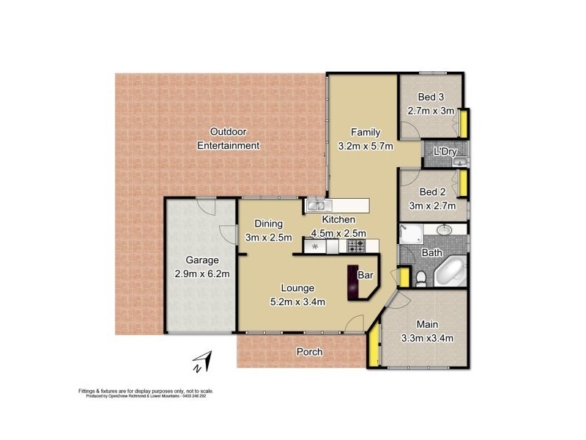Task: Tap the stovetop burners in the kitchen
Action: point(356,245)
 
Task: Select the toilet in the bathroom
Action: point(420,278)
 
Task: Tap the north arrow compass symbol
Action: point(200,362)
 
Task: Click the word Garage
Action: point(202,260)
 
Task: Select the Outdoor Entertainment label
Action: point(229,139)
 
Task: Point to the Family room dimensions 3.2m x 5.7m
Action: point(366,146)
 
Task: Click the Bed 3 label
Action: point(431,98)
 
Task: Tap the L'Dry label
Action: point(445,152)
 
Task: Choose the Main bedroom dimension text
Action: point(426,338)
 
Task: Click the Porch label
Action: point(309,352)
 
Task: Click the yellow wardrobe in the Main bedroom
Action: point(374,345)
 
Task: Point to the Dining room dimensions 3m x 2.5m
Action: point(268,237)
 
